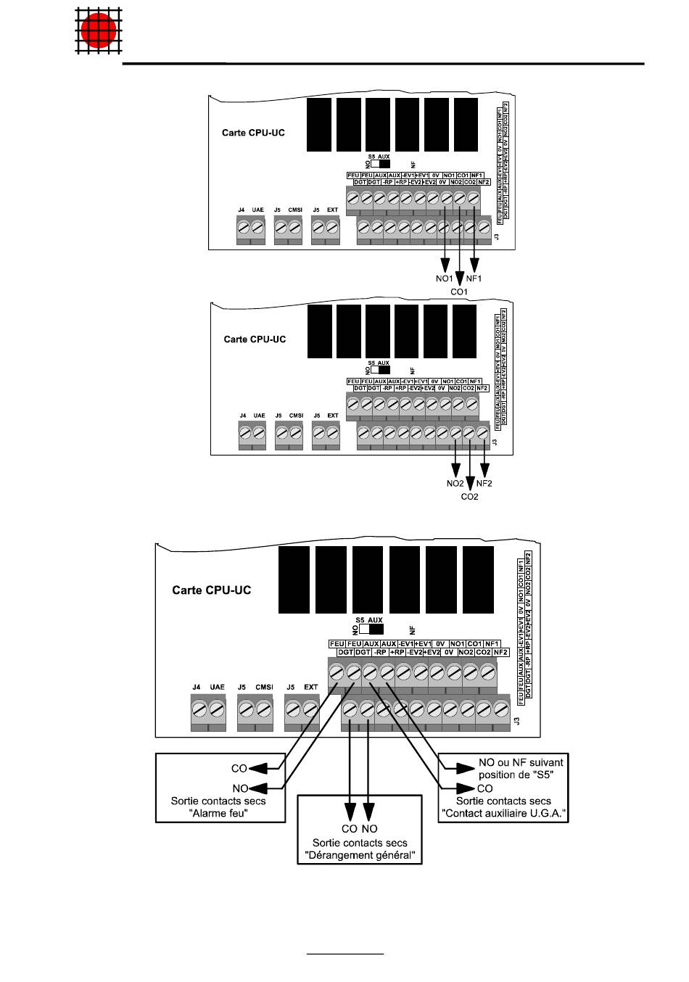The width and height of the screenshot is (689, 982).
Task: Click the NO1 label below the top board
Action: (x=445, y=279)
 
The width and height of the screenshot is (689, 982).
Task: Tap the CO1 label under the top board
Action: (x=460, y=292)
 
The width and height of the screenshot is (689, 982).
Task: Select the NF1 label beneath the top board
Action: (x=475, y=279)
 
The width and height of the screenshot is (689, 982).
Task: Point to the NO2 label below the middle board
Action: (x=455, y=484)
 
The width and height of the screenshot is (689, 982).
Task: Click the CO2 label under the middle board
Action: (x=470, y=497)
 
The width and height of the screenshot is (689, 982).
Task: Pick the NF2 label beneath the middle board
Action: (x=484, y=484)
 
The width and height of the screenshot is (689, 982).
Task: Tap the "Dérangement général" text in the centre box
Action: (x=360, y=856)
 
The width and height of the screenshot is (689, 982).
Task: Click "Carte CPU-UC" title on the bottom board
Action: (x=211, y=590)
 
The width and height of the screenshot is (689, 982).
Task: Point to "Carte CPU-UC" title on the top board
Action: (x=253, y=133)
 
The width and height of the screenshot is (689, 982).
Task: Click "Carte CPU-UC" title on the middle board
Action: (x=255, y=339)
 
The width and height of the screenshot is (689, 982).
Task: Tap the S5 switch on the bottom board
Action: (x=371, y=630)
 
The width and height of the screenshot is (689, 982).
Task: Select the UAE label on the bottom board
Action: (x=217, y=688)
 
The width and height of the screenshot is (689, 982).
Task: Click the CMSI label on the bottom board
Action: (x=264, y=688)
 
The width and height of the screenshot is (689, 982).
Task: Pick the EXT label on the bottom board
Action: (x=311, y=688)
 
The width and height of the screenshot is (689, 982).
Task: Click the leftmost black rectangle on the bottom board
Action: (x=294, y=580)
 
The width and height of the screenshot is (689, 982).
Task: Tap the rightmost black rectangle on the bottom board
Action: (x=478, y=580)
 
